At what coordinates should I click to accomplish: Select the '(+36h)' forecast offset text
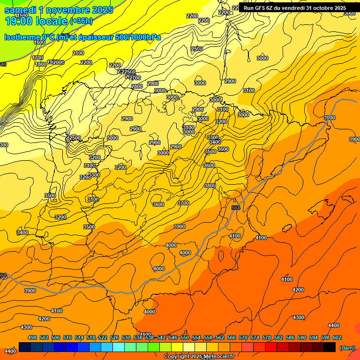click(x=81, y=21)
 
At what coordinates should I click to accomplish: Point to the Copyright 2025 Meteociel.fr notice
click(x=199, y=357)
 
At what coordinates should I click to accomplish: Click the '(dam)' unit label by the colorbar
click(x=347, y=347)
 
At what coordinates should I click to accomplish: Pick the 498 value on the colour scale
click(x=32, y=337)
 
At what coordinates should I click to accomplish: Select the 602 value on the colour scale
click(x=337, y=337)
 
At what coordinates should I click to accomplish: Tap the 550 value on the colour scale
click(x=185, y=337)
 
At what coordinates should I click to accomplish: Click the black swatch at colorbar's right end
click(x=330, y=347)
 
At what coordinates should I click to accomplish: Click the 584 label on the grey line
click(x=236, y=208)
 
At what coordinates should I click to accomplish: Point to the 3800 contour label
click(x=210, y=186)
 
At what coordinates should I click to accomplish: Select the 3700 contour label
click(x=183, y=203)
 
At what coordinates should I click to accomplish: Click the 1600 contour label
click(x=39, y=42)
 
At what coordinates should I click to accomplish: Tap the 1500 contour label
click(x=22, y=15)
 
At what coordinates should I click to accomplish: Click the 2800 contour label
click(x=137, y=87)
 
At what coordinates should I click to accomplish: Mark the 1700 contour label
click(x=37, y=58)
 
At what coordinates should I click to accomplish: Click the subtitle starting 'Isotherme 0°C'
click(x=82, y=37)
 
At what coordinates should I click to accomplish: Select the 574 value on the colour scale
click(x=255, y=337)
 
